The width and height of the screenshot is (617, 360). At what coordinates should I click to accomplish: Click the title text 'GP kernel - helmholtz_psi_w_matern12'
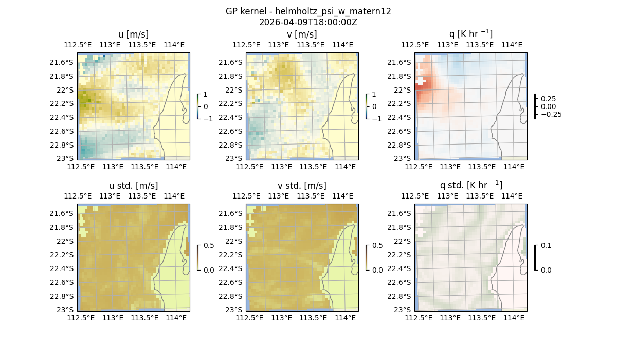[308, 11]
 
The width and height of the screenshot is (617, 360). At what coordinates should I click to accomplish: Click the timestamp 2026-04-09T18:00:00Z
[308, 22]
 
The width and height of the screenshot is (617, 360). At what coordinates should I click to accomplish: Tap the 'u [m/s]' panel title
[133, 34]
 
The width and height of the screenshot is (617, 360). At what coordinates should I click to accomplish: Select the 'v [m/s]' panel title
[302, 34]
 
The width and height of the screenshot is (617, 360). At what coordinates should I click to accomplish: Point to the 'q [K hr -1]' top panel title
[470, 34]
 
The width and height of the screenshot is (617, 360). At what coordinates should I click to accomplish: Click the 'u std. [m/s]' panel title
[133, 186]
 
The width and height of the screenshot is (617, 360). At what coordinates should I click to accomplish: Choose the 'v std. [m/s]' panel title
[302, 186]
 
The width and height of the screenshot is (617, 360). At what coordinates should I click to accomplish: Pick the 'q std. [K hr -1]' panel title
[470, 185]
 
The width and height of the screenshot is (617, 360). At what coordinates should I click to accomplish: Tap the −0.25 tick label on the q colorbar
[551, 114]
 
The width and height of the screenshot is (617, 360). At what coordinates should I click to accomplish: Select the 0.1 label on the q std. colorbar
[545, 246]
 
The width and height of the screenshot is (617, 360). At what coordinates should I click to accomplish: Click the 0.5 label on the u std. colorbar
[209, 246]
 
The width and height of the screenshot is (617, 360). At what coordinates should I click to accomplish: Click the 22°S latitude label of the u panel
[65, 90]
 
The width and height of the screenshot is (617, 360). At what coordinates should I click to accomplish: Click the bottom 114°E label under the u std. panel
[176, 318]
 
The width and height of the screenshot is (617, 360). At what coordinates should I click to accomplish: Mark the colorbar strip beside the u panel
[198, 106]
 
